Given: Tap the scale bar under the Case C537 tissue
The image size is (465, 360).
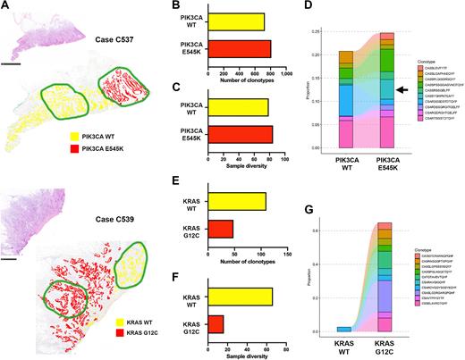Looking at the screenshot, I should pos(13,63).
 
